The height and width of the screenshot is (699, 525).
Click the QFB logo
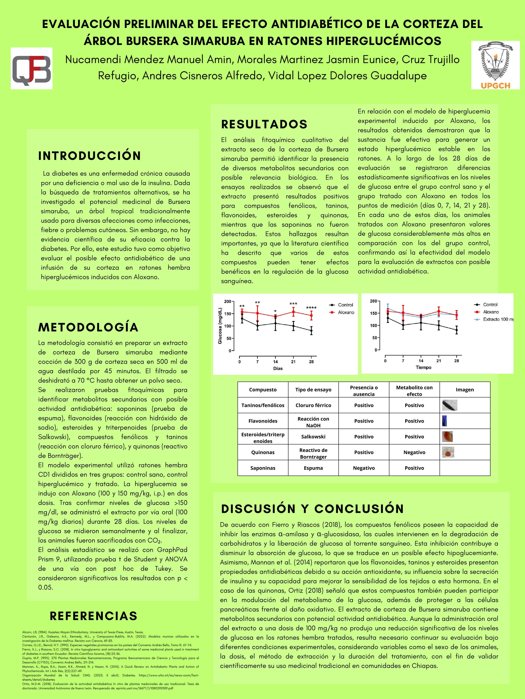point(32,68)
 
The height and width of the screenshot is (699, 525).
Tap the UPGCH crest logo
point(495,65)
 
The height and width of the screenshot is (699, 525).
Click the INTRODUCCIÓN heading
point(90,156)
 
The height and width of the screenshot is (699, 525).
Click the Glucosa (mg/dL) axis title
point(220,326)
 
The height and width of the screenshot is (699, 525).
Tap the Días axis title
point(278,368)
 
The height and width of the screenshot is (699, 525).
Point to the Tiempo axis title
point(423,367)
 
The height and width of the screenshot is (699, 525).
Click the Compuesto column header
point(263,390)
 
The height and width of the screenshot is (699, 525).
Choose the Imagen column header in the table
point(465,390)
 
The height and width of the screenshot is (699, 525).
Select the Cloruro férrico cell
point(313,405)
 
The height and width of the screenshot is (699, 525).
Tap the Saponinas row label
point(263,468)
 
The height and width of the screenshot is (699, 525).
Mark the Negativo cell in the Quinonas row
point(414,452)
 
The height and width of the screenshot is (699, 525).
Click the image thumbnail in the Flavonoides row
point(444,421)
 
